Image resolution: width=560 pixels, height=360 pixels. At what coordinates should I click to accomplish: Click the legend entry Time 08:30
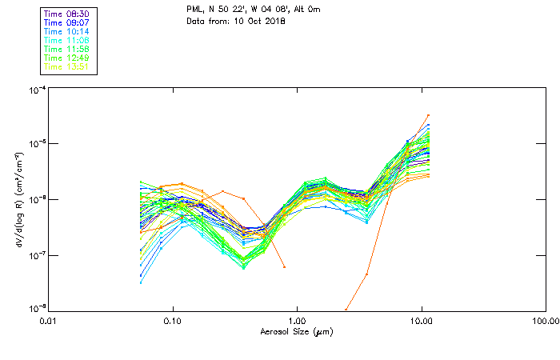pyautogui.click(x=66, y=14)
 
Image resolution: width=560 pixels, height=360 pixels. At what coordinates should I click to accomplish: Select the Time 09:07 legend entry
pyautogui.click(x=66, y=22)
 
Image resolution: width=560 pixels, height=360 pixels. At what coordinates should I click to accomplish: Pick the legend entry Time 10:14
pyautogui.click(x=66, y=31)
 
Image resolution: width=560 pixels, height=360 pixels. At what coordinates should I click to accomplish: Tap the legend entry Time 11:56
pyautogui.click(x=66, y=49)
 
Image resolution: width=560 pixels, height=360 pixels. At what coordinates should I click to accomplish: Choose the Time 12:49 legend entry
pyautogui.click(x=66, y=58)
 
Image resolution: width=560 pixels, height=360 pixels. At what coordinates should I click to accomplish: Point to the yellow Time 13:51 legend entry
pyautogui.click(x=66, y=66)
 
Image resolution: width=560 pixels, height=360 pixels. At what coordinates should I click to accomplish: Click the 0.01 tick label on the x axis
pyautogui.click(x=49, y=321)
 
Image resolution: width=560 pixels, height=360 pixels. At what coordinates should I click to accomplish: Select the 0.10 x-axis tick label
pyautogui.click(x=173, y=321)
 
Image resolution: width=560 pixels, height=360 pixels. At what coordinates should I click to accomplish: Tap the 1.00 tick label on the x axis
pyautogui.click(x=298, y=321)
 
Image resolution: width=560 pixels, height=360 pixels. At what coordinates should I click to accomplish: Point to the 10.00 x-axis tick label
pyautogui.click(x=422, y=321)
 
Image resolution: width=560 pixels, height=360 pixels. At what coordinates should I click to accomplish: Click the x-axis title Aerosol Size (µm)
pyautogui.click(x=297, y=331)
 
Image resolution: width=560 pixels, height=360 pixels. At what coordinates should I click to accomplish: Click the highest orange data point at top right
pyautogui.click(x=429, y=115)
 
